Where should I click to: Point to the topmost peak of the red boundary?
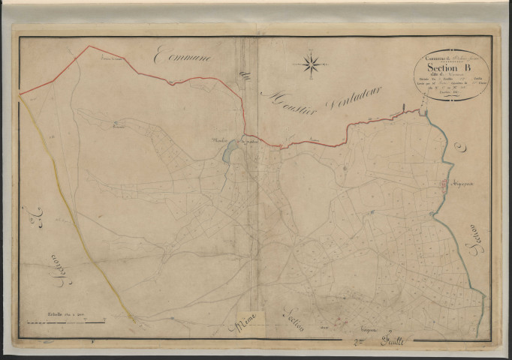pos(90,46)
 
